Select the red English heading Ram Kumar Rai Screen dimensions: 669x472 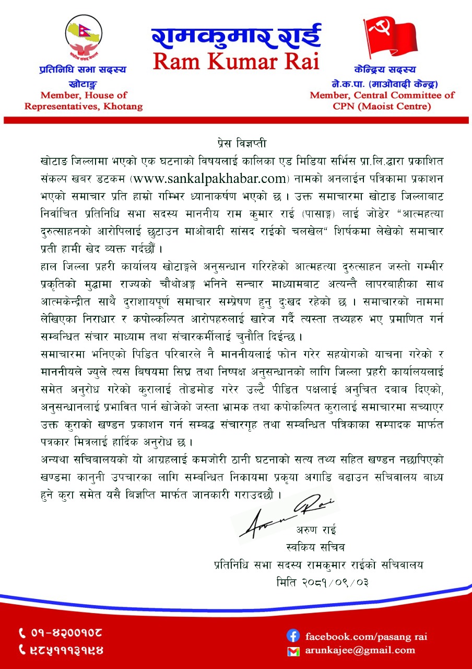point(236,61)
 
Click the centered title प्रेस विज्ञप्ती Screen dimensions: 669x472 point(236,142)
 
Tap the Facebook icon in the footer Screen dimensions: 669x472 point(293,636)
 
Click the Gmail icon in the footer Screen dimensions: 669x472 point(293,651)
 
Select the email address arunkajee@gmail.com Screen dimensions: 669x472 point(360,651)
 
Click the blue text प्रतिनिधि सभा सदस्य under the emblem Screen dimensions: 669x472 point(84,69)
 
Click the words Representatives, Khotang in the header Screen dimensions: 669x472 point(84,106)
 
